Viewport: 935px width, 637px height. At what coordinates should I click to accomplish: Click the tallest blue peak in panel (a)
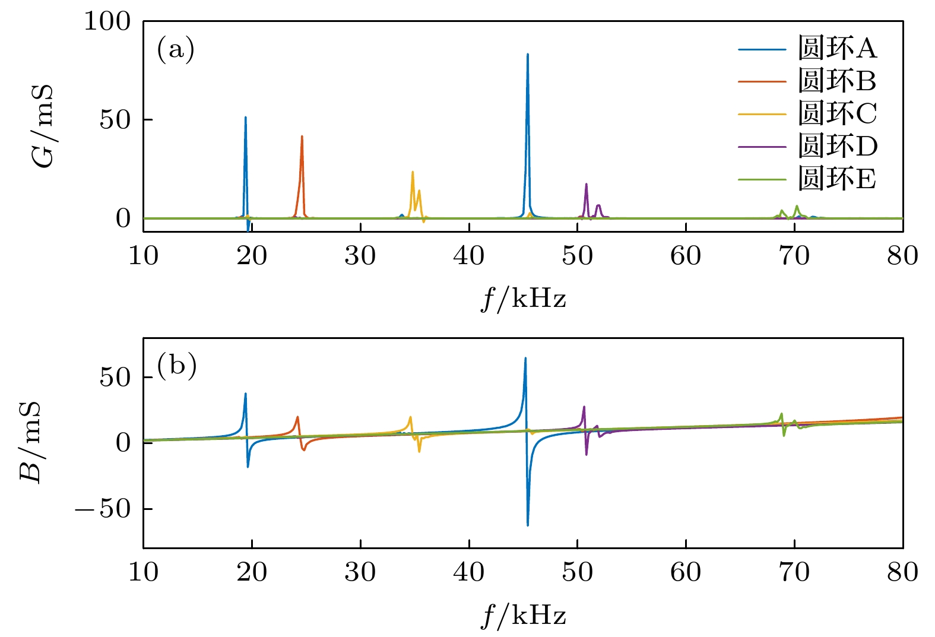coord(527,55)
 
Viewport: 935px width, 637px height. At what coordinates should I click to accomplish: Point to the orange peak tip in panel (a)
coord(302,137)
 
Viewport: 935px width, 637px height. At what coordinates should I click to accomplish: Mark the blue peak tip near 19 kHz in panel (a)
coord(245,118)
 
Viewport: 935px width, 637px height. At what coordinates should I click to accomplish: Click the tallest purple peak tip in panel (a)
coord(586,184)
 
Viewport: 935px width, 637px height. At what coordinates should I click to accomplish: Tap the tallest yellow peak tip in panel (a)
coord(413,172)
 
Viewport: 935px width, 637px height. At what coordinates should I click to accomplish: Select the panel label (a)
coord(176,49)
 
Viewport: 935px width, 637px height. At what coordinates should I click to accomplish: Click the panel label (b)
coord(176,365)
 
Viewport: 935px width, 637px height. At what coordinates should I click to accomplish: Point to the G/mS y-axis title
coord(43,126)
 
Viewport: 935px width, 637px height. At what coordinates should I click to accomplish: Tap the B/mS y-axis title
coord(31,442)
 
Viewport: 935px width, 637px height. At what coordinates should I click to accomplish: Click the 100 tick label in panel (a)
coord(107,22)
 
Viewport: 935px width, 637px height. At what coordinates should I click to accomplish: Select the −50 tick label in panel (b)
coord(103,509)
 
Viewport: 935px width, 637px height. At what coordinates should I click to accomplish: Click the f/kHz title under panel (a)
coord(523,297)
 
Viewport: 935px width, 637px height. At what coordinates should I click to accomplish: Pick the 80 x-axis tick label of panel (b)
coord(902,572)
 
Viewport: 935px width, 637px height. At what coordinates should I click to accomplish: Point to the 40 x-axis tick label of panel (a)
coord(469,256)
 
